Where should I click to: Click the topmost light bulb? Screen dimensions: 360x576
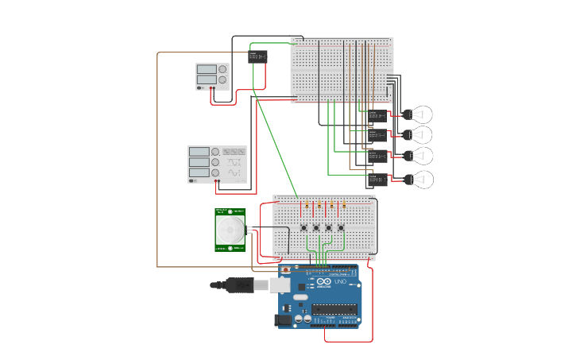tap(420, 114)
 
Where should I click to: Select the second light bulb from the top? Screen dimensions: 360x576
tap(420, 135)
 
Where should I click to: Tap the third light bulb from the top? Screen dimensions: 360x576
tap(420, 156)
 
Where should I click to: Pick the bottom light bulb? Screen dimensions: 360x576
tap(420, 180)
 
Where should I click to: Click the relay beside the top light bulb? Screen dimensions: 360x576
tap(377, 116)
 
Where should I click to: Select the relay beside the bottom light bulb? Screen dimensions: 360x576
tap(377, 180)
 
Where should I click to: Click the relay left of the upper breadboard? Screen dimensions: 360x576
tap(257, 56)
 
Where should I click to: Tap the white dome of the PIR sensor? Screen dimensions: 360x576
tap(230, 230)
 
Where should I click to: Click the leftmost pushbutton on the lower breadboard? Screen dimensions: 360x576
tap(304, 228)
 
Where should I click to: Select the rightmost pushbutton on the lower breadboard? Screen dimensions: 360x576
tap(341, 228)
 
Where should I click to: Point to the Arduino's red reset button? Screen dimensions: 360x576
tap(286, 271)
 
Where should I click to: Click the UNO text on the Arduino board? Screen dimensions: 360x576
tap(340, 282)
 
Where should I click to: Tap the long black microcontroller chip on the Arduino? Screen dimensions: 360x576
tap(334, 309)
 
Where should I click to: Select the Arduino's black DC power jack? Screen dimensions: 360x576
tap(282, 319)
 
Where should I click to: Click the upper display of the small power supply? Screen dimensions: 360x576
tap(206, 69)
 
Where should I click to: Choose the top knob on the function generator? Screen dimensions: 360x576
tap(215, 152)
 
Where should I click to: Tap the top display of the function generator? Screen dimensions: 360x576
tap(199, 152)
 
